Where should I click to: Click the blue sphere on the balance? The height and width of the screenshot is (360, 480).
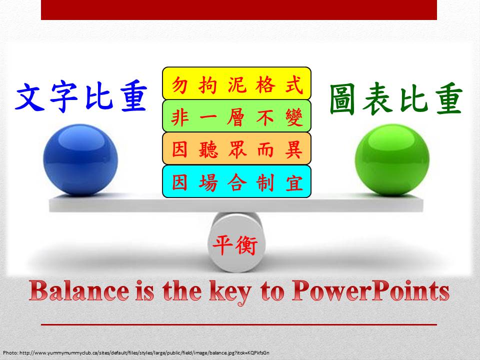coord(80,159)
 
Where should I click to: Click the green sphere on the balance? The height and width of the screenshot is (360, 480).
coord(392,159)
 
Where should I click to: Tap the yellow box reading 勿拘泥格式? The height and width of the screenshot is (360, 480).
coord(236,83)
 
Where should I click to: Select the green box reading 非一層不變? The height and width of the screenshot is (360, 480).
coord(236,116)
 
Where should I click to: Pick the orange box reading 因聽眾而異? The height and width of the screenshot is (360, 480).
coord(236,148)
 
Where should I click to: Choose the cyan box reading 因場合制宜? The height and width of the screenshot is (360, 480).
coord(236,181)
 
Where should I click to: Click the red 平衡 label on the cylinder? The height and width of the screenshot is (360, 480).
coord(235,245)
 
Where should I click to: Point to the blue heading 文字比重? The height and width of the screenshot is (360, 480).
coord(81,96)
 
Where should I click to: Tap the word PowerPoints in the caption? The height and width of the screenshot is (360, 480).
coord(370,290)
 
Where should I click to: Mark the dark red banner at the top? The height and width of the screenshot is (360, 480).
coord(239,10)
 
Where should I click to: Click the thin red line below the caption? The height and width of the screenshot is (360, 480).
coord(239,324)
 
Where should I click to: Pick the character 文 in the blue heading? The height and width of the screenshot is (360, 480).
coord(29,96)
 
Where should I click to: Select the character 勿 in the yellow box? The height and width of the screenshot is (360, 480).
coord(179,85)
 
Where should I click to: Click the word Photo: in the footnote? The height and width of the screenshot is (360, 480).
coord(10,353)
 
